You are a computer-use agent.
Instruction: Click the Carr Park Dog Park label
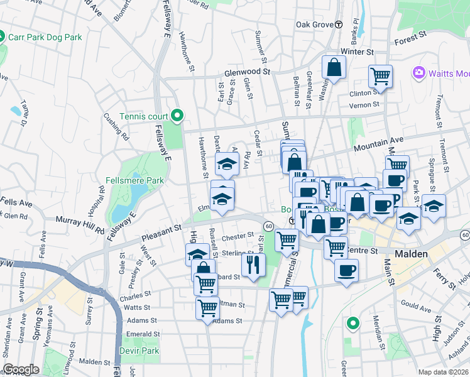pos(45,37)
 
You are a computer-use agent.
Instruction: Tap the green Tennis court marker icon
pos(177,114)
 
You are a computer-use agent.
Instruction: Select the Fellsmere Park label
pos(135,180)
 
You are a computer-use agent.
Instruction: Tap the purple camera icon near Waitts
pos(419,73)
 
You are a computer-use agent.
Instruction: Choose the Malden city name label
pos(412,254)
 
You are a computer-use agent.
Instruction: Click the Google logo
pos(21,369)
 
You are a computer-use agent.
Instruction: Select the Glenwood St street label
pos(250,72)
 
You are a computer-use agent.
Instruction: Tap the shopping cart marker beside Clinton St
pos(381,76)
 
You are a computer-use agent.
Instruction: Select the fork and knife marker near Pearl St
pos(254,264)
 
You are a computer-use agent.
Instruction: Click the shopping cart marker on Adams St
pos(207,309)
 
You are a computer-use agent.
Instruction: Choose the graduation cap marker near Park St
pos(434,205)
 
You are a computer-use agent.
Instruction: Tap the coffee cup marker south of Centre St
pos(346,270)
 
